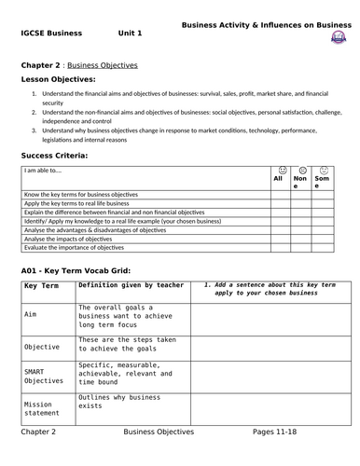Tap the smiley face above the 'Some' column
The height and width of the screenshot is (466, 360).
point(323,170)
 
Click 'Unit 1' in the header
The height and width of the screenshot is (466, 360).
point(130,33)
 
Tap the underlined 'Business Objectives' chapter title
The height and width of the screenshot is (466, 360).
point(106,65)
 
